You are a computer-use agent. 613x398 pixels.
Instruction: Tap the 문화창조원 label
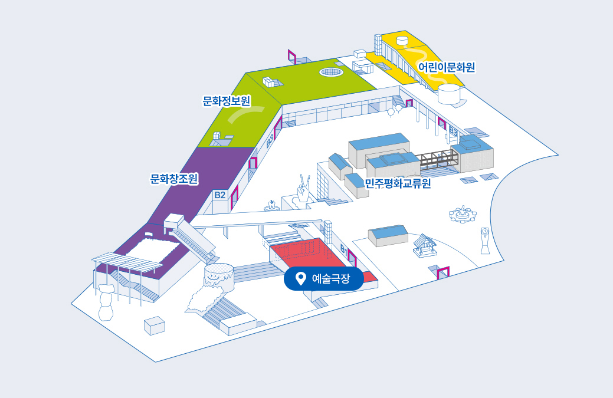[x=174, y=178]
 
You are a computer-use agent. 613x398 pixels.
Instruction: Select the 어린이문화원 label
[x=447, y=67]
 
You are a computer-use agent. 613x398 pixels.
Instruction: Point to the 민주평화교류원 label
[x=398, y=183]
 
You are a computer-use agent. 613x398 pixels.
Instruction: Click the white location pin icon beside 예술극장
[x=300, y=279]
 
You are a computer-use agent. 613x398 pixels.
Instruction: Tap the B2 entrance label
[x=220, y=195]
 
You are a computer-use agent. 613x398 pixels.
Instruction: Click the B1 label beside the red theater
[x=344, y=250]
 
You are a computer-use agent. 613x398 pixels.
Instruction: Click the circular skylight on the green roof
[x=332, y=72]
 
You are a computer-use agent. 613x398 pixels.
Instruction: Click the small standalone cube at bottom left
[x=155, y=325]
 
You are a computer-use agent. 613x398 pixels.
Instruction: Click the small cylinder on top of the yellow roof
[x=402, y=41]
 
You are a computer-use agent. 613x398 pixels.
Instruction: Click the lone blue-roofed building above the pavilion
[x=388, y=235]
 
